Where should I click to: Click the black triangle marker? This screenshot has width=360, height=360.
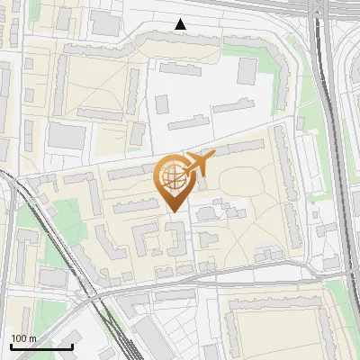(181, 24)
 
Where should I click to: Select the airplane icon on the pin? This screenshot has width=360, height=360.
(200, 162)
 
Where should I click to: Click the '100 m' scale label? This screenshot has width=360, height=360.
(23, 337)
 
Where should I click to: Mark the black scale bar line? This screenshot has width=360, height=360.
(41, 346)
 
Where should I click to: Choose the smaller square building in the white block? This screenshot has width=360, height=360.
(163, 103)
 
